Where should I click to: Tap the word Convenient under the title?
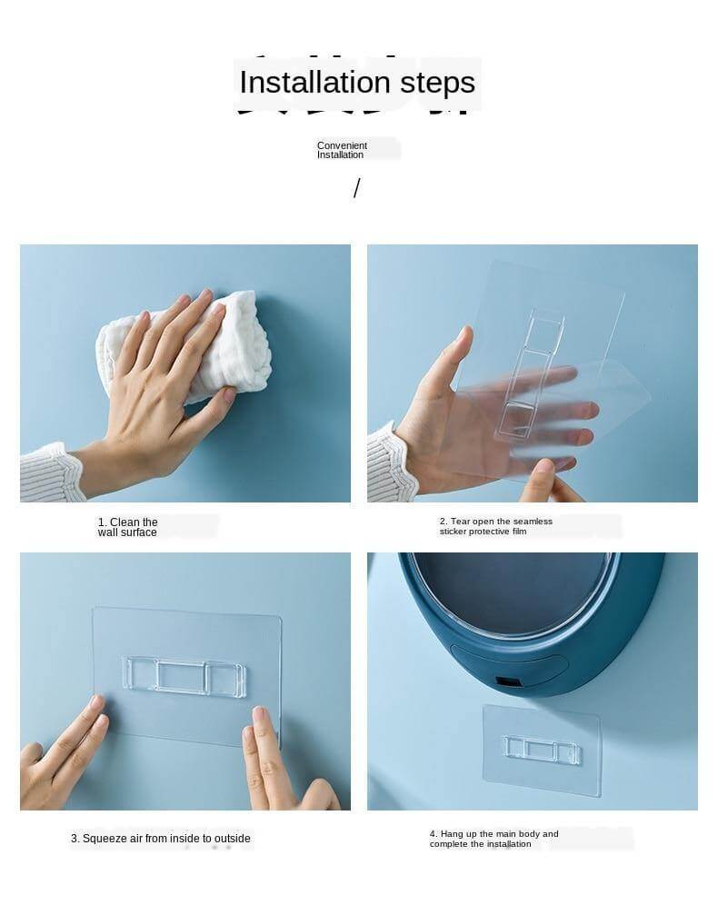[342, 145]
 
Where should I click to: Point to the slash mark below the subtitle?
[356, 187]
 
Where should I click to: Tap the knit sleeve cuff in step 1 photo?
[51, 473]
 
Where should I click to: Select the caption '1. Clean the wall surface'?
[127, 527]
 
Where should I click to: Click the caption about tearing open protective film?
[496, 526]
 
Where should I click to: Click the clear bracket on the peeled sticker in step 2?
[531, 373]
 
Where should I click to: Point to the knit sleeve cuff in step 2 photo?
[390, 462]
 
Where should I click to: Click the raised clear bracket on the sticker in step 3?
[184, 674]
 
